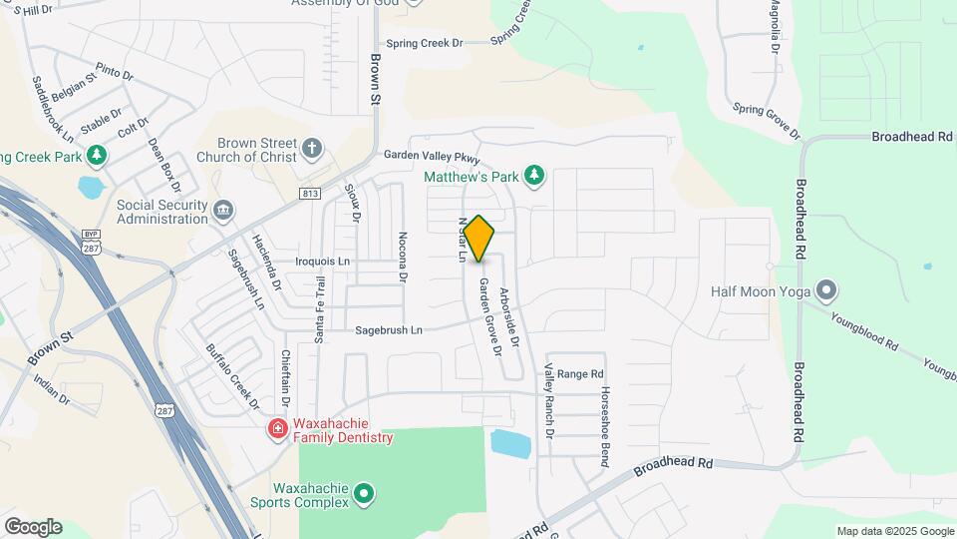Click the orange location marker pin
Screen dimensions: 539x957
[478, 239]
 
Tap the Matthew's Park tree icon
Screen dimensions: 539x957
[535, 177]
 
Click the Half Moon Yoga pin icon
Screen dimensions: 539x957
[826, 291]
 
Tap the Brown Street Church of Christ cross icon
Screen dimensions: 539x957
[313, 150]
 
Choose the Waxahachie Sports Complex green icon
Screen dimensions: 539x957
[364, 493]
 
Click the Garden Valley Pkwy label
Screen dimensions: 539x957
[433, 157]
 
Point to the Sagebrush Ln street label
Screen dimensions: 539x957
[389, 329]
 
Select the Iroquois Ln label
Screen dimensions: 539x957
[323, 262]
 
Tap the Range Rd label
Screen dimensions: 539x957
[580, 374]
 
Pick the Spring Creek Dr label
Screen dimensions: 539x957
[426, 43]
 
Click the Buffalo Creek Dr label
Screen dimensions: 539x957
[232, 377]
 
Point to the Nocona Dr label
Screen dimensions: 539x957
[403, 259]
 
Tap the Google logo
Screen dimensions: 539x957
[32, 527]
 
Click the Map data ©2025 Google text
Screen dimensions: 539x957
[894, 531]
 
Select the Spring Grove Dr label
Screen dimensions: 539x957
[766, 121]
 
